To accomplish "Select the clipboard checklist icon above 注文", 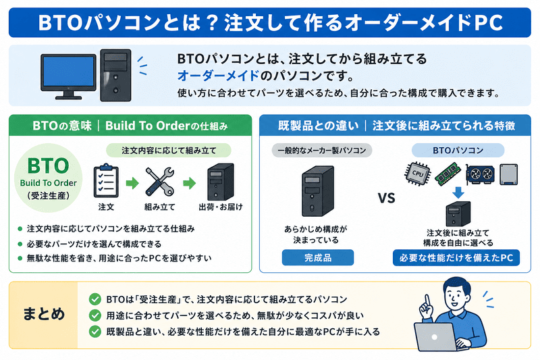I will [x=105, y=180].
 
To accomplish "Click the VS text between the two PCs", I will [x=385, y=199].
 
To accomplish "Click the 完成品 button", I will [x=317, y=258].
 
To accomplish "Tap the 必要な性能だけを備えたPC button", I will [x=456, y=258].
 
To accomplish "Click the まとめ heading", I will [x=44, y=315].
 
